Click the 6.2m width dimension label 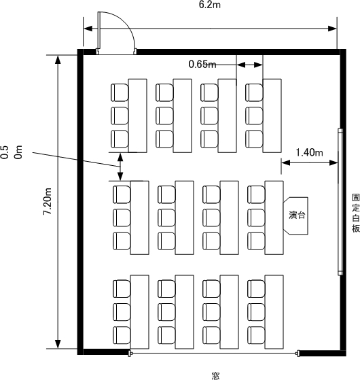(210, 5)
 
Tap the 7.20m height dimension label (48, 201)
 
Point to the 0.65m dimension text (202, 64)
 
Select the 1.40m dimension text (310, 152)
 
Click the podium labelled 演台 (296, 215)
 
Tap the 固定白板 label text (356, 213)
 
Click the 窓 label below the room (216, 376)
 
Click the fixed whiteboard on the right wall (340, 202)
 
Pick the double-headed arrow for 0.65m (249, 65)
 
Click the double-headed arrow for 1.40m (310, 162)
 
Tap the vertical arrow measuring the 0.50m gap (120, 167)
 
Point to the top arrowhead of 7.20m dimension (58, 60)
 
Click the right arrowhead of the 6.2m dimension (332, 29)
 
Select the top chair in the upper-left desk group (120, 92)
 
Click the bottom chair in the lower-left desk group (122, 335)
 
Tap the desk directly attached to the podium (274, 218)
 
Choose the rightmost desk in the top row (272, 116)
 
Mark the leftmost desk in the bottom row (140, 312)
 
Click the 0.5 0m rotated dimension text (12, 152)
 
